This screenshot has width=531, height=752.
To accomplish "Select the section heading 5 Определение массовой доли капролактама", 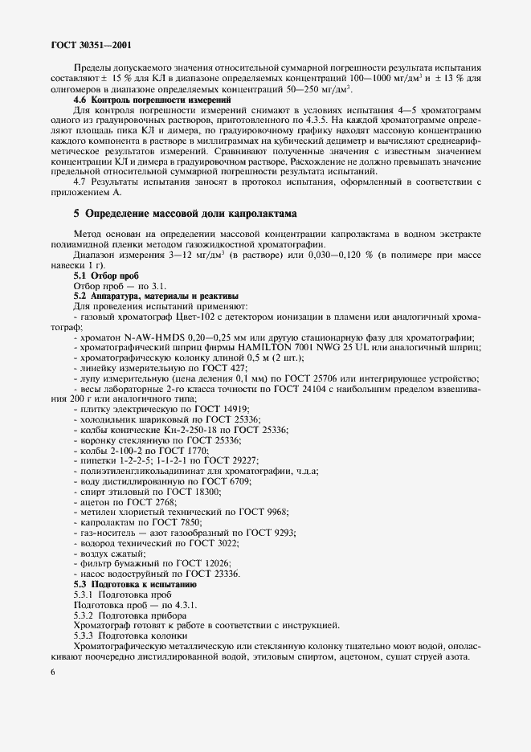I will point(186,215).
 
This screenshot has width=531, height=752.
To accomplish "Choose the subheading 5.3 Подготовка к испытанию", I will point(131,584).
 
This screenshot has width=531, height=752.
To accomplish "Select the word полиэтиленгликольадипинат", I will point(141,469).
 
